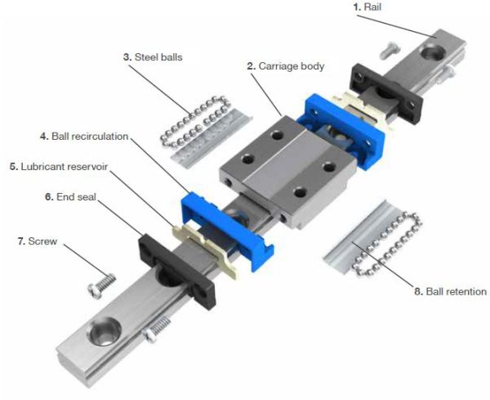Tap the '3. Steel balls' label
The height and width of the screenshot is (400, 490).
[152, 58]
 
